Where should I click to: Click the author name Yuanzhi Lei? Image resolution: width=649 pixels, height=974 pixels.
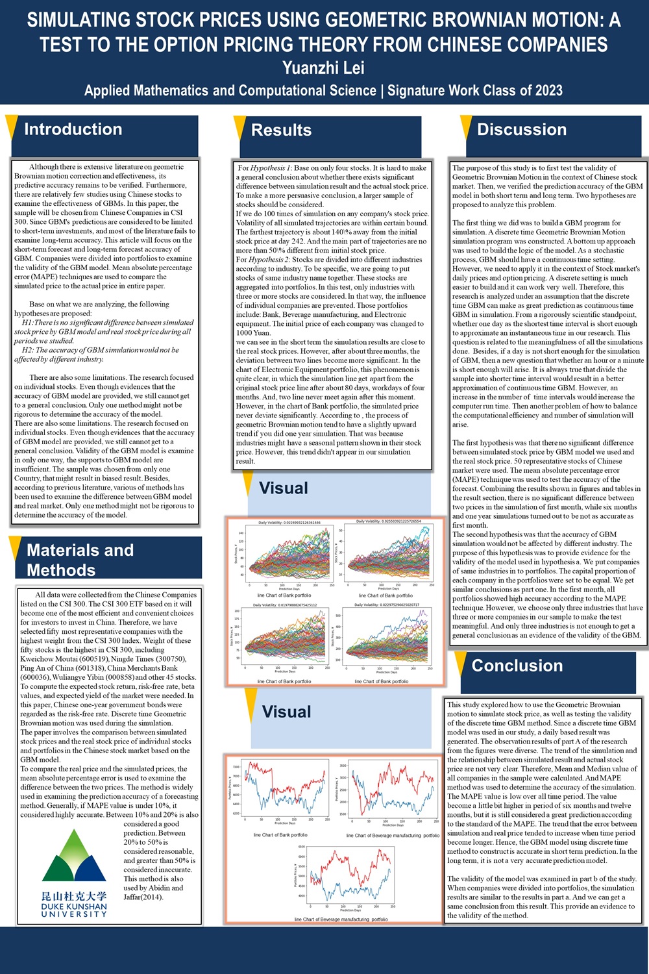pyautogui.click(x=324, y=68)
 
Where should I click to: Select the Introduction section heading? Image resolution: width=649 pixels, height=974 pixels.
pyautogui.click(x=73, y=129)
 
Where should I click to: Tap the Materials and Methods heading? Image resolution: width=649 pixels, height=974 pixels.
pyautogui.click(x=80, y=560)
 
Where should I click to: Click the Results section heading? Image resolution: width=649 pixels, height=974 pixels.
pyautogui.click(x=281, y=130)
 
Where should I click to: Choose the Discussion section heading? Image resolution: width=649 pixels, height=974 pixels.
pyautogui.click(x=521, y=129)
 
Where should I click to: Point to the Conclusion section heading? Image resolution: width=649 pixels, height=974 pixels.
pyautogui.click(x=517, y=666)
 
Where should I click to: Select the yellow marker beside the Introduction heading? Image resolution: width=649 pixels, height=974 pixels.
pyautogui.click(x=10, y=127)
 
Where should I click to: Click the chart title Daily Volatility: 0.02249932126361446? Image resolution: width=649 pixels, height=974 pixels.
pyautogui.click(x=289, y=522)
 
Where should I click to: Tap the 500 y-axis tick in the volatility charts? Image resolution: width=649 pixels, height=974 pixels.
pyautogui.click(x=337, y=614)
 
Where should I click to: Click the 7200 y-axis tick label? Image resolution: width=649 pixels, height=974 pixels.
pyautogui.click(x=236, y=767)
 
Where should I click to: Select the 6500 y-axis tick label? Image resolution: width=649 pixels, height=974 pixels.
pyautogui.click(x=301, y=847)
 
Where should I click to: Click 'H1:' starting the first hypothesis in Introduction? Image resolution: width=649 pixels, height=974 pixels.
pyautogui.click(x=28, y=323)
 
